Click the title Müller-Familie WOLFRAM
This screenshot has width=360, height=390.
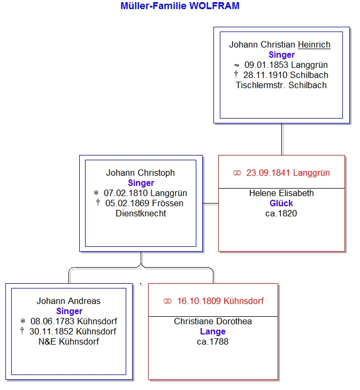click(180, 6)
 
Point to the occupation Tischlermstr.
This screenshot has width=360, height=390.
click(261, 85)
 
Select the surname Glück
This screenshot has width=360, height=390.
click(281, 203)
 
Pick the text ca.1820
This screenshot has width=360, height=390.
click(281, 213)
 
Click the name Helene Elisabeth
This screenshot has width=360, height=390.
click(281, 193)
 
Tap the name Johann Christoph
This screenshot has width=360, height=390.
click(140, 173)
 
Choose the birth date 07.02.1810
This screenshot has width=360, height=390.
click(126, 193)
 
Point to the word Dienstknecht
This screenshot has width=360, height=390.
click(141, 213)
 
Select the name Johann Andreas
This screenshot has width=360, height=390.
click(68, 301)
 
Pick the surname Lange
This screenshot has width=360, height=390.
click(213, 331)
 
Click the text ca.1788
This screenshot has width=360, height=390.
click(213, 341)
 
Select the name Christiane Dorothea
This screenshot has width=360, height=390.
click(213, 321)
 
